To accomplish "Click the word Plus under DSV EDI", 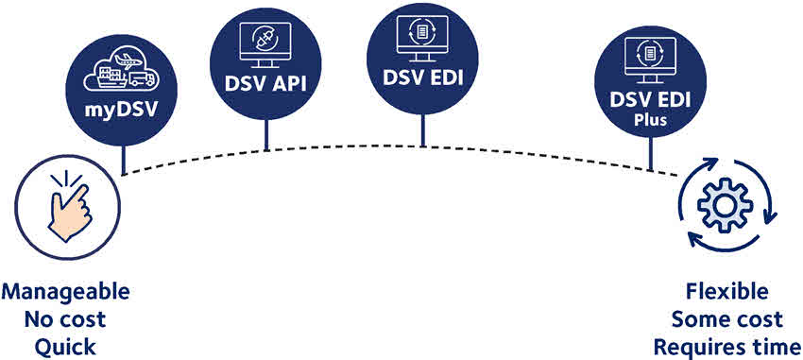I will (x=650, y=120).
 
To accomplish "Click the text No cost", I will (x=65, y=318).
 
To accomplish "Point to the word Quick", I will (x=65, y=347).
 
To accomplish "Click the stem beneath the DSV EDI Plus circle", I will (x=650, y=156).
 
